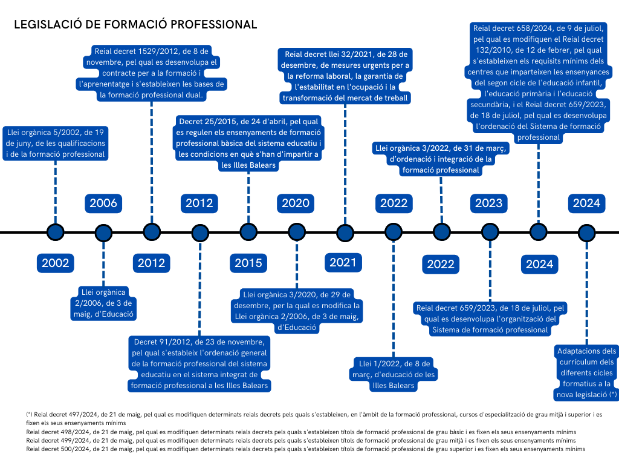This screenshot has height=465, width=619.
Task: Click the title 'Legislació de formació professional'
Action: point(135,25)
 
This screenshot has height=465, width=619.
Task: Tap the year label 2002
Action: point(55,263)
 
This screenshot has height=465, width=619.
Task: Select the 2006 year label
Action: point(103,203)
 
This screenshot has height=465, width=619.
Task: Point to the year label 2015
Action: point(248,263)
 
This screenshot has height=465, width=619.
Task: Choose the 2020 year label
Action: point(296,203)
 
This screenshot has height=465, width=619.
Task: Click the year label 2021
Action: point(343,262)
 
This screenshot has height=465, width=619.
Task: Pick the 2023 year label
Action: point(488,203)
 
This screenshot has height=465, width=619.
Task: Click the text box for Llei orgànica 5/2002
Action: point(56,143)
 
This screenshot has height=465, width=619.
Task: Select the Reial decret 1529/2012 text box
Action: point(152,73)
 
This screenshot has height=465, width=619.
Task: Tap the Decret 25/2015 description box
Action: point(248,143)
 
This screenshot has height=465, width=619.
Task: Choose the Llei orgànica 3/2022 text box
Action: point(441,159)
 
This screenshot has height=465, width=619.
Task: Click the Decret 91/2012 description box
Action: point(199,363)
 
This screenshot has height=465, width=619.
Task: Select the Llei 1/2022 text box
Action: point(394,374)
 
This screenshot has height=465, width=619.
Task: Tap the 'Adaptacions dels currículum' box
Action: point(586,372)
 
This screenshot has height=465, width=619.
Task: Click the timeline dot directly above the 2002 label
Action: point(55,232)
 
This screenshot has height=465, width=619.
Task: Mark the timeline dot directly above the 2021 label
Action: point(345,232)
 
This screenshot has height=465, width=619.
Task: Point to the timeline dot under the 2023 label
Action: point(490,232)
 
